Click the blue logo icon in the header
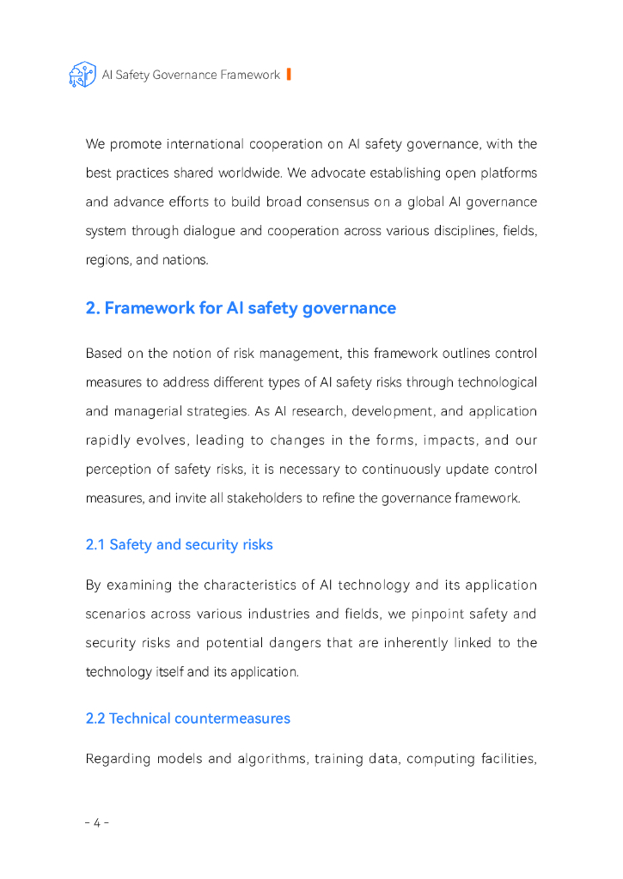82,75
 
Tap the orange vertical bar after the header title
289,75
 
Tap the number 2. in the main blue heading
94,308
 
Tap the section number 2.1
95,545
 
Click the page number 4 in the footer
97,823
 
